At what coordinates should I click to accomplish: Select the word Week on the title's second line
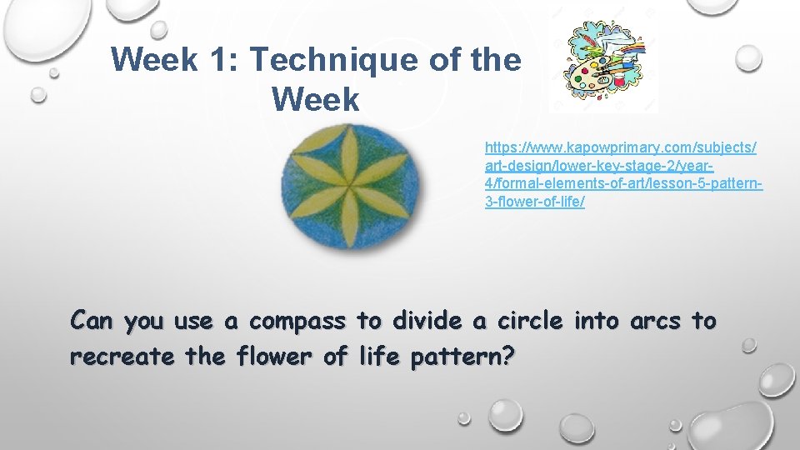click(x=315, y=100)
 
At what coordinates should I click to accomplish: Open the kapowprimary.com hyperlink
click(x=621, y=174)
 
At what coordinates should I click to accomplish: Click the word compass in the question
click(x=297, y=321)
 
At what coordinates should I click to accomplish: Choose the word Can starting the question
click(x=92, y=321)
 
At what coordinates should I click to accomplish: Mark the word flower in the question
click(x=272, y=357)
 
